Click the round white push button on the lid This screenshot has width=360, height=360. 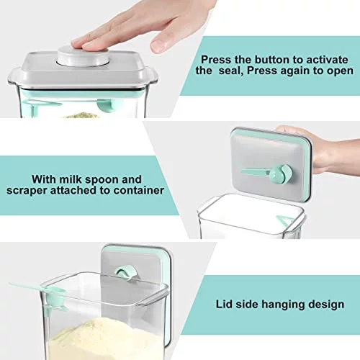coord(83,57)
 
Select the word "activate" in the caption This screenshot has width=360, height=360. coord(327,60)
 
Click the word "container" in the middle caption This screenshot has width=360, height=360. coord(138,190)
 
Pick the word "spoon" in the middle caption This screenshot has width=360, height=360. coord(102,180)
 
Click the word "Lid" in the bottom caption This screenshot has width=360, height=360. coord(224,304)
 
